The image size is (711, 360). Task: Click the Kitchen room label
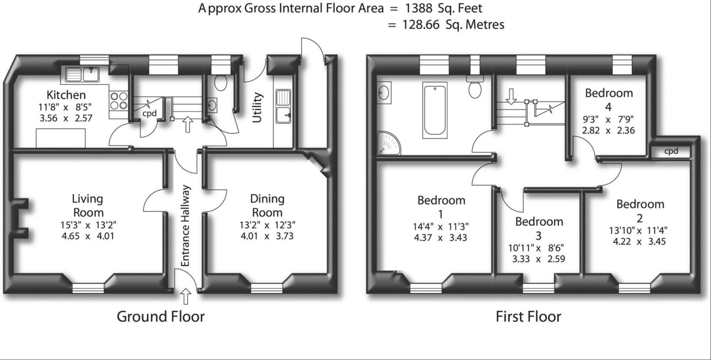[66, 95]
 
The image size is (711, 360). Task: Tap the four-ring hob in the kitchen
[119, 101]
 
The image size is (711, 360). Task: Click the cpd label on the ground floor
[149, 113]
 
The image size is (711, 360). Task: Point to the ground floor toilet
[221, 83]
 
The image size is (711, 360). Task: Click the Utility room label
[257, 107]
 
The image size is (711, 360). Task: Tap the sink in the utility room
[283, 106]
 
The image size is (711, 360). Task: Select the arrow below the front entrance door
[186, 296]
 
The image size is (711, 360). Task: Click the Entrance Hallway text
[186, 226]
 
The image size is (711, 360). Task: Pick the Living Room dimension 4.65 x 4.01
[88, 236]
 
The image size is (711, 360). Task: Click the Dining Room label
[267, 205]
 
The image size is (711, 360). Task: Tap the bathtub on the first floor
[434, 110]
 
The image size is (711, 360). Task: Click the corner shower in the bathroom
[388, 144]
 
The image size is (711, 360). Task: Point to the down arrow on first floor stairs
[511, 96]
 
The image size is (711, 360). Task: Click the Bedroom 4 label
[609, 99]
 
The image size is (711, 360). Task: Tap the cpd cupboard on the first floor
[671, 151]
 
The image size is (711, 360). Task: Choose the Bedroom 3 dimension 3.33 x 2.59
[538, 259]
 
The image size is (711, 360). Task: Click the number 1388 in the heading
[419, 8]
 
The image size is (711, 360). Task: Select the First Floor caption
[528, 316]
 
